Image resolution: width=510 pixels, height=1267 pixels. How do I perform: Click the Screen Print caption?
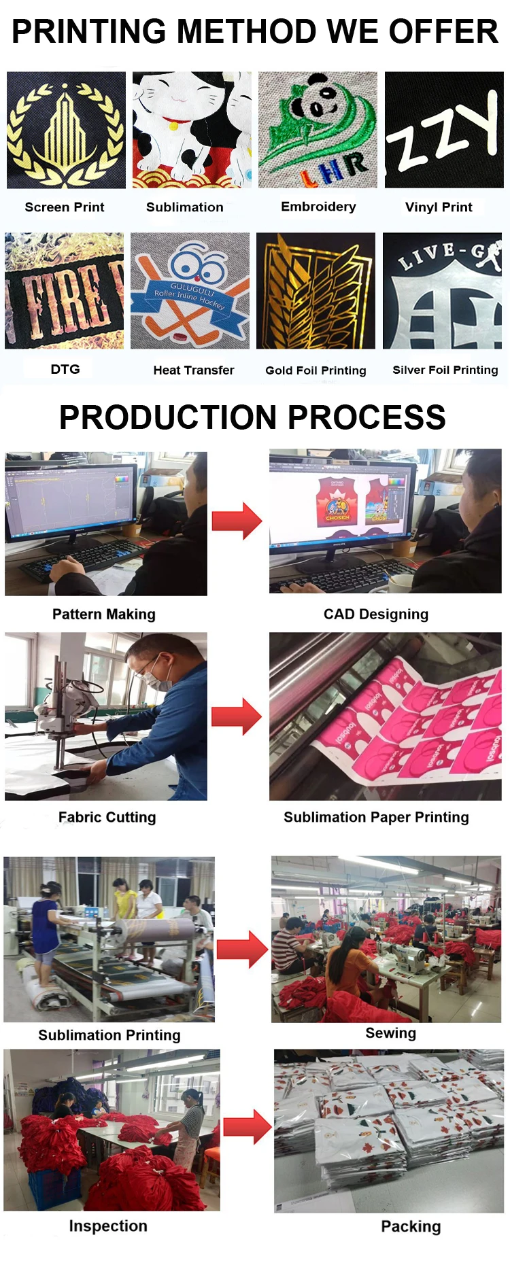tap(65, 207)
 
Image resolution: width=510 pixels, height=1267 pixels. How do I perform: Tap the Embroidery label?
tap(318, 207)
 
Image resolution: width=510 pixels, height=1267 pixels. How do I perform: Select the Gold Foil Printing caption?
tap(316, 370)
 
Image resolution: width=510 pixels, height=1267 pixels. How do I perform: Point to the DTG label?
tap(65, 369)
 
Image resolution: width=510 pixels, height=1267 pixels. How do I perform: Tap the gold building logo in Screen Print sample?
tap(65, 133)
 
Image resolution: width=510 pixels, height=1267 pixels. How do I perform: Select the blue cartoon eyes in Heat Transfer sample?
tap(198, 266)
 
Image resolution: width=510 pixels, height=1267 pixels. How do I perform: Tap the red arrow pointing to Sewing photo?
tap(242, 949)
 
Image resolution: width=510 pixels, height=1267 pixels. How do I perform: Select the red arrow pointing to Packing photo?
tap(248, 1126)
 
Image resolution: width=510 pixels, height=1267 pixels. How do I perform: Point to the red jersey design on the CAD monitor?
tap(337, 503)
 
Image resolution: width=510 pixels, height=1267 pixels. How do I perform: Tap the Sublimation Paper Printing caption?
tap(376, 817)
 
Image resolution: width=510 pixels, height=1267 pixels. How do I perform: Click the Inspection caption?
tap(108, 1226)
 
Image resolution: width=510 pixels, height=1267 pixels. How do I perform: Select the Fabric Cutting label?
tap(107, 817)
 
